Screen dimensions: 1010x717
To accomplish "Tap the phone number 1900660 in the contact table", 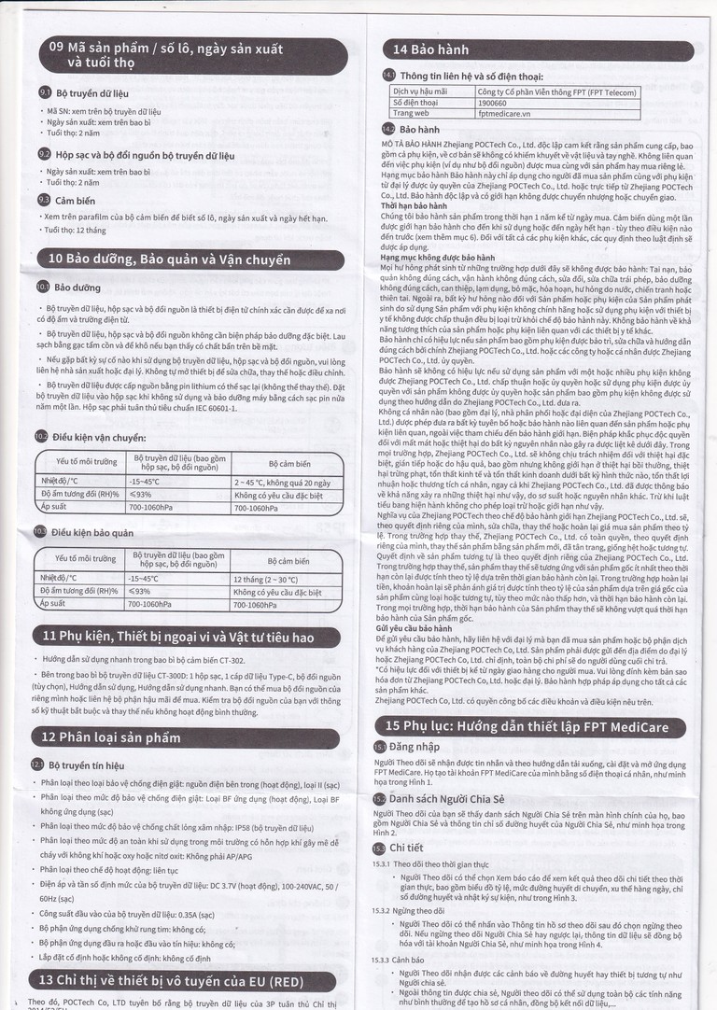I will pyautogui.click(x=492, y=102).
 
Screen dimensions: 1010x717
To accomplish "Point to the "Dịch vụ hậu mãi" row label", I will pyautogui.click(x=420, y=91).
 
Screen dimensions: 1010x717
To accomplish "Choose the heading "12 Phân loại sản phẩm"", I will pyautogui.click(x=111, y=737).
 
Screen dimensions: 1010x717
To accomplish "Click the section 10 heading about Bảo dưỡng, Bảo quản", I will pyautogui.click(x=169, y=260).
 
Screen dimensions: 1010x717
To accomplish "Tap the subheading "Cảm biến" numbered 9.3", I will pyautogui.click(x=75, y=200).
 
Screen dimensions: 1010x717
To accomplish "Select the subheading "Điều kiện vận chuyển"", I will pyautogui.click(x=98, y=437).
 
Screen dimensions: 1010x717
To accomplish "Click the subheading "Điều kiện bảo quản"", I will pyautogui.click(x=92, y=532).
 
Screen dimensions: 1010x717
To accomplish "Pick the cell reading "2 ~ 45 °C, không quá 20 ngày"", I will pyautogui.click(x=282, y=482).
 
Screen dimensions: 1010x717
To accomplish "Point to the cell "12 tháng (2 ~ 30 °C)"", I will pyautogui.click(x=265, y=579).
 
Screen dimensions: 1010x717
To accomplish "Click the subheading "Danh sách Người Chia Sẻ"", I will pyautogui.click(x=445, y=800).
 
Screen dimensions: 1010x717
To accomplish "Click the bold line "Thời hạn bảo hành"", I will pyautogui.click(x=414, y=205).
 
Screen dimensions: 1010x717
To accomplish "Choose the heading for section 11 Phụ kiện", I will pyautogui.click(x=178, y=637).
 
